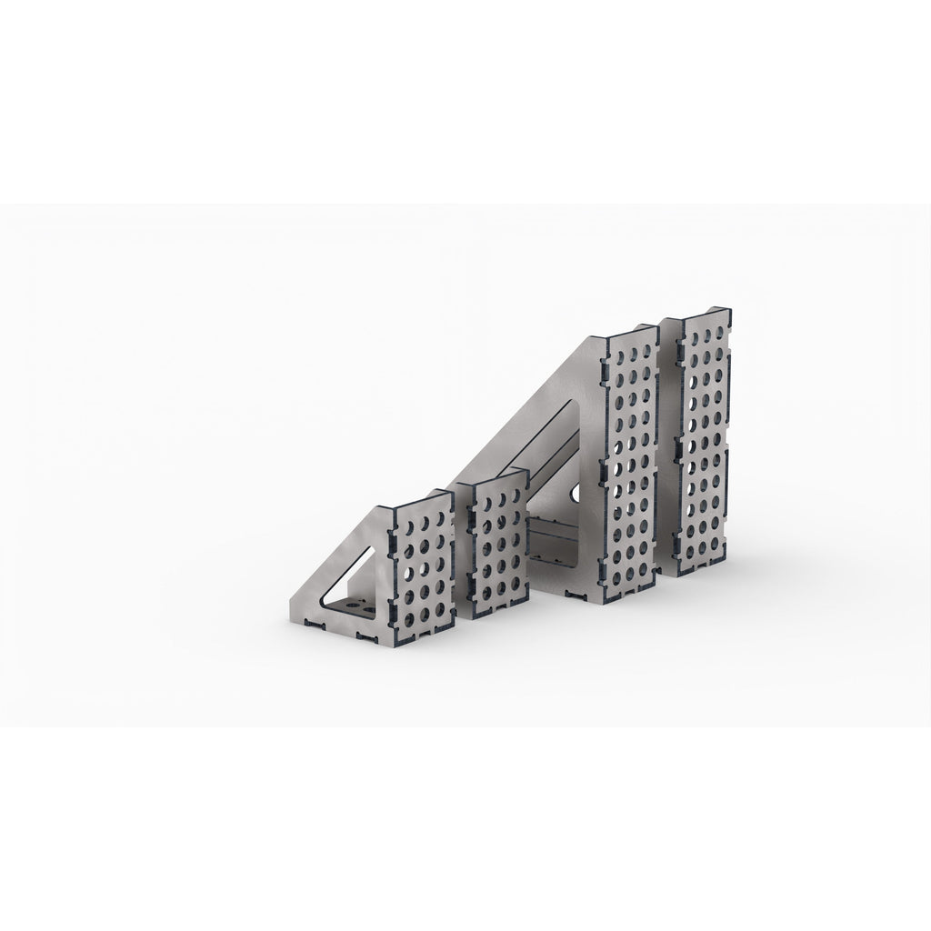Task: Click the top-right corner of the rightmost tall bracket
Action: click(x=733, y=314)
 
